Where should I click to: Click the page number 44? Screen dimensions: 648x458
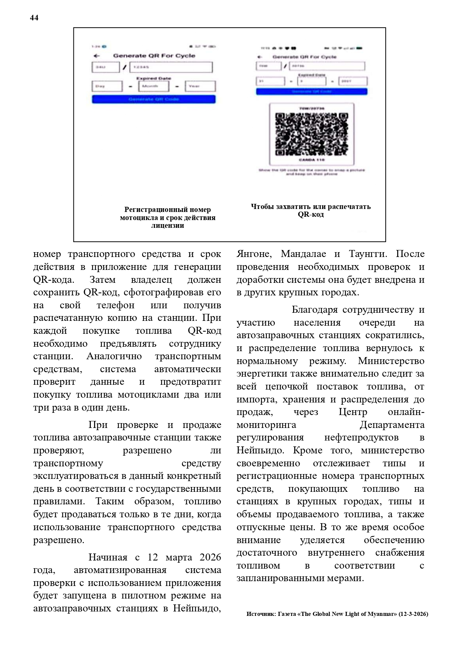pyautogui.click(x=34, y=18)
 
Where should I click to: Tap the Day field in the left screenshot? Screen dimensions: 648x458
pyautogui.click(x=107, y=86)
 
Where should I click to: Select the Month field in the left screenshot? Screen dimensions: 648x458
pyautogui.click(x=154, y=86)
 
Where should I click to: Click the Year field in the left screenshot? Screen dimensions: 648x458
pyautogui.click(x=200, y=86)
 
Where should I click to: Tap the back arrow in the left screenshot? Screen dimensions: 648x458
pyautogui.click(x=97, y=56)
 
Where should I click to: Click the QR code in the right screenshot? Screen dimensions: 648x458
pyautogui.click(x=312, y=134)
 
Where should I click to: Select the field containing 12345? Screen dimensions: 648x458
pyautogui.click(x=171, y=67)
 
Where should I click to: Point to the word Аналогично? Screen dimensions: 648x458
pyautogui.click(x=114, y=356)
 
